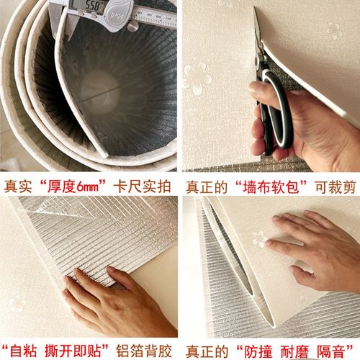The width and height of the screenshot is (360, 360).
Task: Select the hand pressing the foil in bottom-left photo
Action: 108,302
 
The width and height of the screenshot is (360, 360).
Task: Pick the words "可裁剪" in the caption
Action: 334,186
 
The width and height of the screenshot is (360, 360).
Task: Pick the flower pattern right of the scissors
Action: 333,30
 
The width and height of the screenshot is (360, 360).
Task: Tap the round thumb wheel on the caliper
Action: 132,26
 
